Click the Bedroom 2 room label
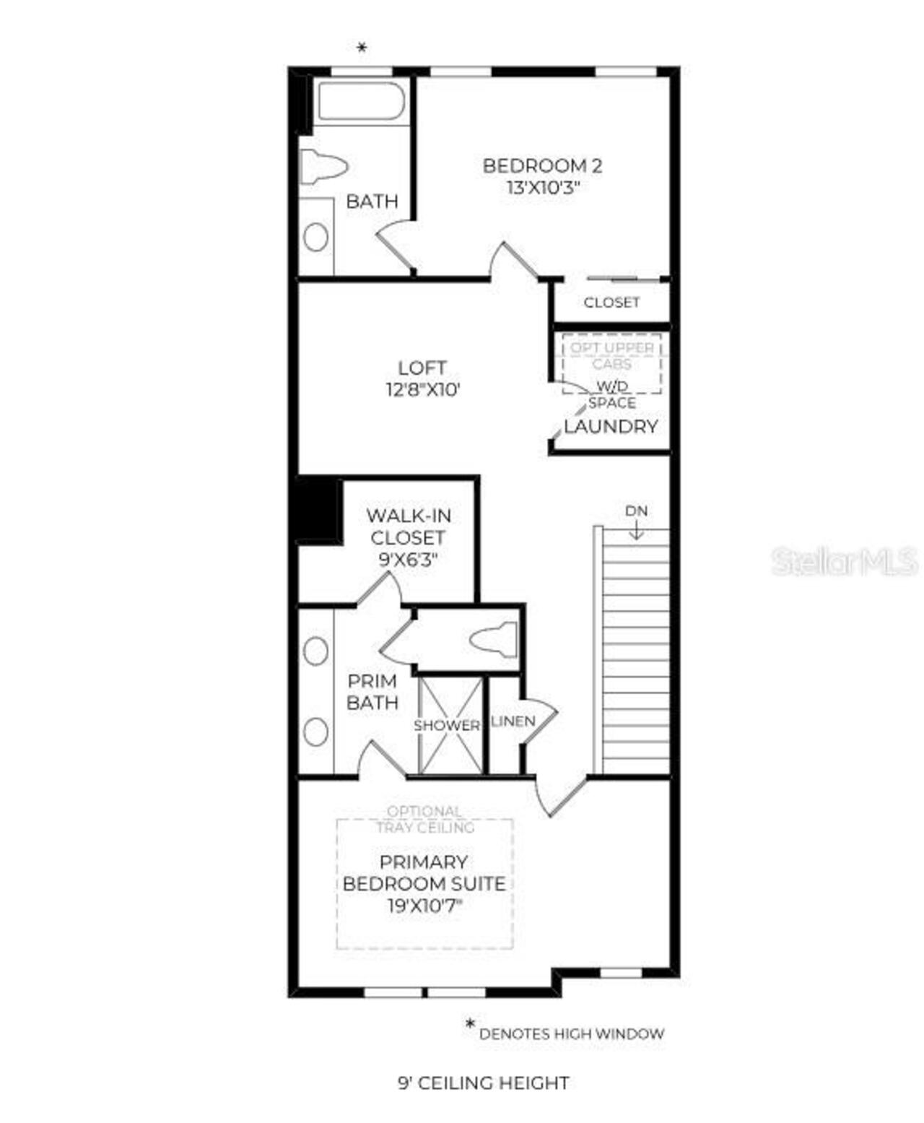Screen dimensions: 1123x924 coord(541,165)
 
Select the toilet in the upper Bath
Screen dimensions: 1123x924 coord(323,166)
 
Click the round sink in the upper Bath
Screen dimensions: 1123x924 coord(316,237)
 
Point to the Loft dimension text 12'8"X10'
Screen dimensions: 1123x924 coord(423,390)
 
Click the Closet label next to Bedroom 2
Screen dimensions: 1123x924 coord(611,303)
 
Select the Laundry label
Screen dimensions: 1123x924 coord(611,426)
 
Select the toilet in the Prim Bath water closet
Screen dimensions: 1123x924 coord(494,640)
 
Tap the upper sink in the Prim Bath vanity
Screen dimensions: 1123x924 coord(315,651)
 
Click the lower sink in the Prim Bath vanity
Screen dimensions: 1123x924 coord(315,732)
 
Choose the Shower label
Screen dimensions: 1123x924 coord(447,725)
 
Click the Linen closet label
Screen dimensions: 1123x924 coord(513,721)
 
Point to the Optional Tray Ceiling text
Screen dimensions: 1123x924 coord(424,819)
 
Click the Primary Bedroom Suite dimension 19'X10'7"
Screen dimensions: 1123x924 coord(424,906)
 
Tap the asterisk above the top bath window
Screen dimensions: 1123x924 coord(362,48)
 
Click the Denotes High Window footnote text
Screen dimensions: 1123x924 coord(571,1033)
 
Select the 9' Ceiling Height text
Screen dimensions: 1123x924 coord(484,1083)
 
